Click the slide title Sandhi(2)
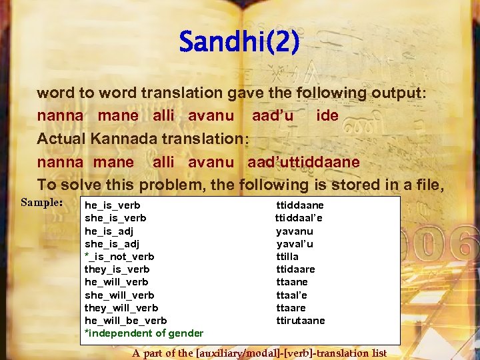(x=239, y=43)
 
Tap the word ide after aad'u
(x=327, y=115)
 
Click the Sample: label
(x=41, y=202)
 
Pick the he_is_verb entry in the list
(x=112, y=205)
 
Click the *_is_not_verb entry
(x=119, y=257)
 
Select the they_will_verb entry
(x=121, y=308)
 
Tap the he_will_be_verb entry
(x=125, y=321)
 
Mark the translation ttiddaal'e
(x=299, y=218)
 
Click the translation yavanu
(x=295, y=231)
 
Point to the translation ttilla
(x=287, y=257)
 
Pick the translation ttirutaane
(x=301, y=321)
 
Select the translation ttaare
(x=291, y=308)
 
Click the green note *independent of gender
(x=143, y=333)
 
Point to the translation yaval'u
(x=295, y=244)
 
